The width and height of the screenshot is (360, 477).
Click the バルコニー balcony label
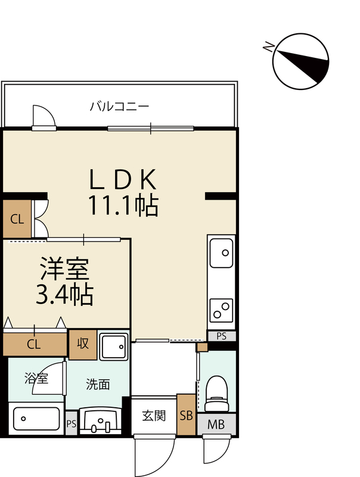tap(119, 107)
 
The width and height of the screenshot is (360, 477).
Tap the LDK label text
tap(123, 179)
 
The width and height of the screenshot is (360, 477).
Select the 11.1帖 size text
tap(123, 205)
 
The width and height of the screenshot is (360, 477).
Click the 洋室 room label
tap(65, 269)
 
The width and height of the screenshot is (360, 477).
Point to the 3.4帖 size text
tap(64, 295)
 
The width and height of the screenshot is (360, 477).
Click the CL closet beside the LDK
tap(17, 219)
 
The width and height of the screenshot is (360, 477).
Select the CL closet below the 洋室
tap(35, 344)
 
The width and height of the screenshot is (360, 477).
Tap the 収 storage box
tap(83, 344)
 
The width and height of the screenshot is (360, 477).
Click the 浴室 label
tap(36, 378)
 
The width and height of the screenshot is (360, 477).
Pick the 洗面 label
tap(98, 385)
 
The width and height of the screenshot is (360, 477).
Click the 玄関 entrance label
tap(154, 415)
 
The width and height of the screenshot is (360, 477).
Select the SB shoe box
tap(186, 414)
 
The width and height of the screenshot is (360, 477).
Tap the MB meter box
tap(216, 424)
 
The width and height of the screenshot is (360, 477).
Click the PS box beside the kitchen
tap(222, 336)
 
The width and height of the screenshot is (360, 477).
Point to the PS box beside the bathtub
tap(72, 423)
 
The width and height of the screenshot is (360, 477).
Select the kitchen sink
tap(222, 253)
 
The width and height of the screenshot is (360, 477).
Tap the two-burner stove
tap(222, 310)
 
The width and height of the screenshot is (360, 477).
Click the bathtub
tap(36, 419)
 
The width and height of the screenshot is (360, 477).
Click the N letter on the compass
tap(269, 47)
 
